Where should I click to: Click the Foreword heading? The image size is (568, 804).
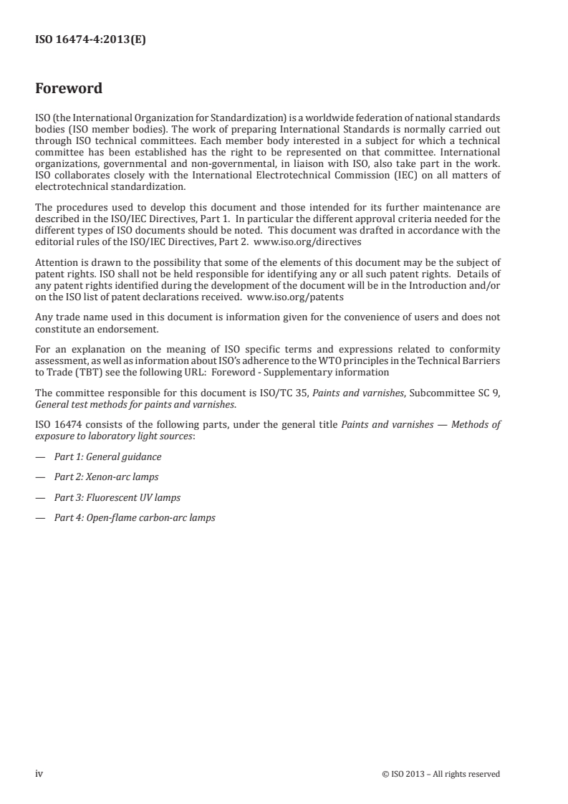[69, 90]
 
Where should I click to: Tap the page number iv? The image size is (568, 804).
[39, 773]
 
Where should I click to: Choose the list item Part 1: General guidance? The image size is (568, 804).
[108, 456]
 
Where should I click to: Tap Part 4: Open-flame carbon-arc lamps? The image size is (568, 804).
[135, 517]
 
